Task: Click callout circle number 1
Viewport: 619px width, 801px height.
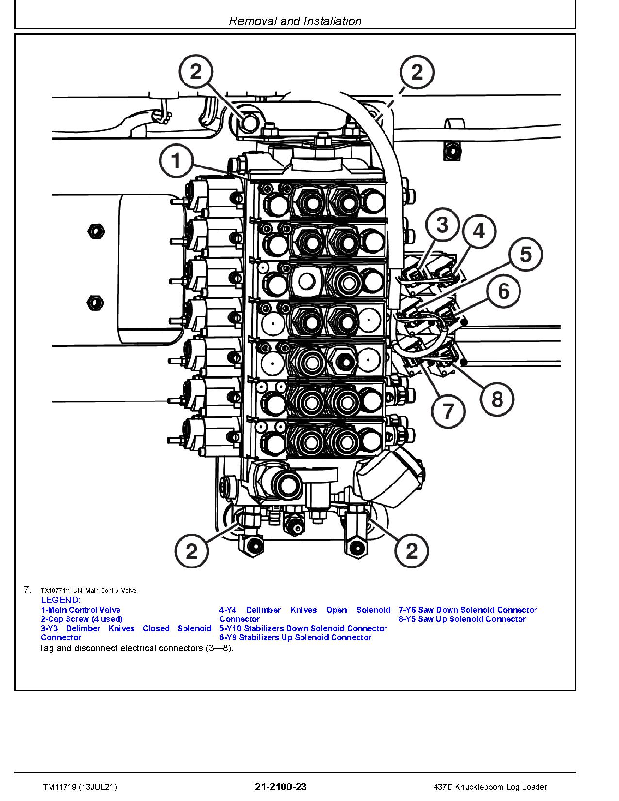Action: point(176,161)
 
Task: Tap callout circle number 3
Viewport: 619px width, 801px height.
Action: point(442,225)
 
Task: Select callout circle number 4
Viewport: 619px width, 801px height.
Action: point(479,231)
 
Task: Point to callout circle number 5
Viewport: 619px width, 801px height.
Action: point(526,254)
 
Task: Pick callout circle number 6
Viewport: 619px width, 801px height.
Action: point(503,291)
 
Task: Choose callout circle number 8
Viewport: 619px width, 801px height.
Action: point(497,399)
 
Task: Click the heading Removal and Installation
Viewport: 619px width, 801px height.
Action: point(295,21)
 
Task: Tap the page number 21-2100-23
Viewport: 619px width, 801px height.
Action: point(281,787)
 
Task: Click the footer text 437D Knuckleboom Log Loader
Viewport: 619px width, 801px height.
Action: point(491,787)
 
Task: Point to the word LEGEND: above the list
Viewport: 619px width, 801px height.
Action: point(61,600)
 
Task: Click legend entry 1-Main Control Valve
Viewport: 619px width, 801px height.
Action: point(81,610)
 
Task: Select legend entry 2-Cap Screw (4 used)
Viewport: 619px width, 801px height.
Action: point(82,619)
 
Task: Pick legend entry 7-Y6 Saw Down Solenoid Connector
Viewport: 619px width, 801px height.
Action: point(468,610)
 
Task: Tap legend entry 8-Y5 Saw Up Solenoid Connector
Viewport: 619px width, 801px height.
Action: point(462,619)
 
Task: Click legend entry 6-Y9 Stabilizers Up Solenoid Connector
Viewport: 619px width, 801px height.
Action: point(295,637)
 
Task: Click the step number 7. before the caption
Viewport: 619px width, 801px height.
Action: point(27,590)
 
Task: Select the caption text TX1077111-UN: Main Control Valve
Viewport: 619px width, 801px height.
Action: point(88,591)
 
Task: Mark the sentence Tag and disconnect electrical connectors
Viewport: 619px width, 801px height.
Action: point(136,648)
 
